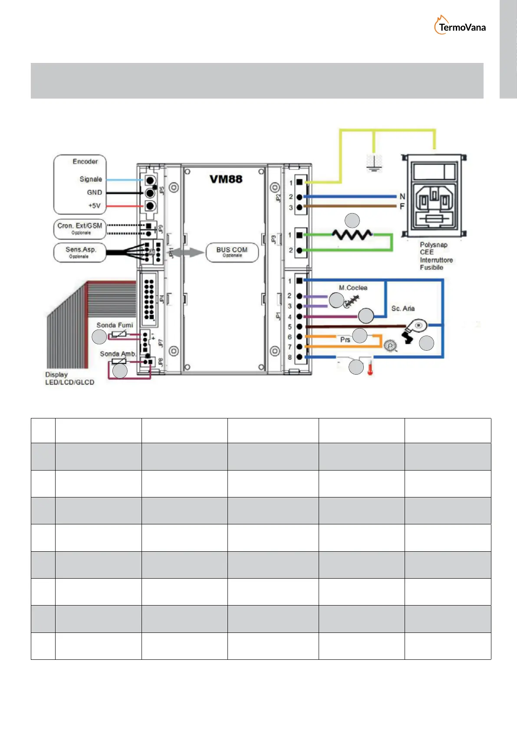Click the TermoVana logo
click(x=460, y=26)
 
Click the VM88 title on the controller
click(x=226, y=179)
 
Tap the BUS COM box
click(x=232, y=252)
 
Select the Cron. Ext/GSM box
click(x=80, y=228)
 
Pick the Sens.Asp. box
click(x=80, y=252)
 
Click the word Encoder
click(x=85, y=161)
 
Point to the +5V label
click(x=94, y=206)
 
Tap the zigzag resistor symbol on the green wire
click(x=352, y=235)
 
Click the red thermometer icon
click(x=370, y=366)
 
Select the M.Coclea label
click(x=353, y=288)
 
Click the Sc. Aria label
click(x=403, y=309)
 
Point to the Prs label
click(x=345, y=340)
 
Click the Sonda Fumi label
click(x=115, y=325)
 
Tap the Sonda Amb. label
click(x=118, y=354)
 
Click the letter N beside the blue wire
click(x=402, y=197)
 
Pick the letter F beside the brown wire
click(x=402, y=207)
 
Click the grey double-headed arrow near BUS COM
click(x=188, y=253)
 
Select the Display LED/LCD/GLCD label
click(x=69, y=379)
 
